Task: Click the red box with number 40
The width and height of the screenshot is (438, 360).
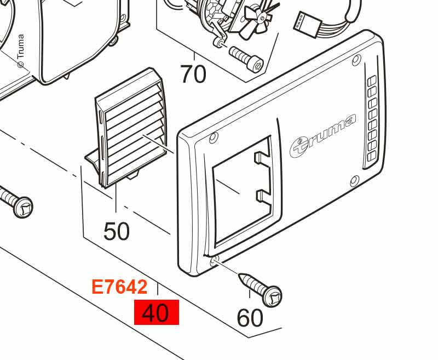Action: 156,313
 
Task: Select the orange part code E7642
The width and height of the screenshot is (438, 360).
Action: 119,287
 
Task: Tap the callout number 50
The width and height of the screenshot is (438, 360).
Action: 117,231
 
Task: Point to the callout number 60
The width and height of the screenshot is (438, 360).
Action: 250,318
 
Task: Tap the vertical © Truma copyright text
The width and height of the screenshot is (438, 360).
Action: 21,52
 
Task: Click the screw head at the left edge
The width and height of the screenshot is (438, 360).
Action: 22,207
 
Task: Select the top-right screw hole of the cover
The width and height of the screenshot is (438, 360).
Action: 356,59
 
